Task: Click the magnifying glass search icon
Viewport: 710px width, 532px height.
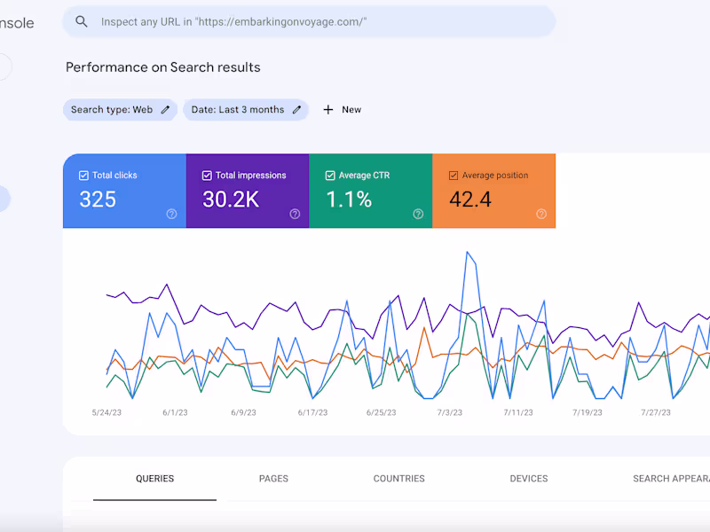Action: coord(82,21)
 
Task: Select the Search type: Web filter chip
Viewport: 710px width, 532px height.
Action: coord(120,110)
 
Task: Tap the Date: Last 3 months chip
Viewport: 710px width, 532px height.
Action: coord(246,110)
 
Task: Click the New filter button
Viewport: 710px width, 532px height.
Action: coord(342,110)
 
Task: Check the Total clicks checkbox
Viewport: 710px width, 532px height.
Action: coord(83,176)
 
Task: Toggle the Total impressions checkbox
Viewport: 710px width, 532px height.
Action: coord(207,176)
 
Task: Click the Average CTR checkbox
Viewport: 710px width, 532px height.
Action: coord(330,176)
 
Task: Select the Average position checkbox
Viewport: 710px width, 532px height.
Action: coord(454,176)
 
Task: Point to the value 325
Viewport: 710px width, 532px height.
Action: coord(98,199)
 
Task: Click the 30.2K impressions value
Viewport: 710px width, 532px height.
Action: coord(231,199)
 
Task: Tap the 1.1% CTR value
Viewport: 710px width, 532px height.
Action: coord(349,199)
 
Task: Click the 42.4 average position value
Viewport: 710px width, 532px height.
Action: coord(470,199)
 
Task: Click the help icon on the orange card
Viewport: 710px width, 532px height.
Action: coord(541,214)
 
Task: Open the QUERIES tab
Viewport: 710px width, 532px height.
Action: coord(154,479)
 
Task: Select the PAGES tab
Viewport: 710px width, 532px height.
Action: coord(273,479)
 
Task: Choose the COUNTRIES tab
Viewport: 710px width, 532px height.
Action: coord(398,479)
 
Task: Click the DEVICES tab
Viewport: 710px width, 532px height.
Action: coord(529,479)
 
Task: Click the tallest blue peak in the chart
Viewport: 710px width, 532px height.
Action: coord(467,253)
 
